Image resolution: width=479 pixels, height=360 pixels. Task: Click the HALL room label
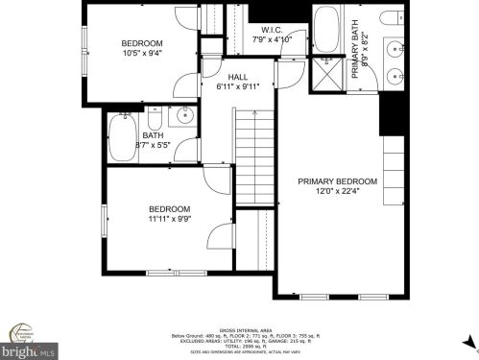point(238,77)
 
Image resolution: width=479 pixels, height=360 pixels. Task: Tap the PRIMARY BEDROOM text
point(337,180)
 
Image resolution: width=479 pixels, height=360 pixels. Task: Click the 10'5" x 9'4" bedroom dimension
point(141,54)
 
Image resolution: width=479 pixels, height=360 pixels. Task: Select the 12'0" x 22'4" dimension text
point(337,191)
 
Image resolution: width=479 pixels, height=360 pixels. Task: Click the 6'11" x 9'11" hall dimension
point(238,87)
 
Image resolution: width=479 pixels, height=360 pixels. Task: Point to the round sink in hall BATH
point(186,118)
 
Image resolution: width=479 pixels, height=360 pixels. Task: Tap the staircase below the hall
point(254,154)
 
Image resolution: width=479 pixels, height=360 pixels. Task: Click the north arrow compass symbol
point(467,342)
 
